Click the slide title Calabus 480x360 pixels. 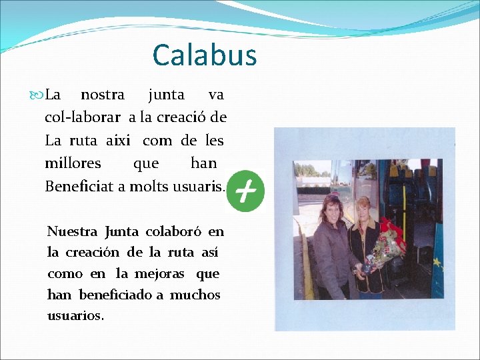click(204, 55)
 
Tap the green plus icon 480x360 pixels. click(245, 192)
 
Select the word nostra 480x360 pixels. click(102, 95)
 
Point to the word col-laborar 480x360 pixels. click(83, 118)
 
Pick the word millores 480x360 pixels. click(73, 163)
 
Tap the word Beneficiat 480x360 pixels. click(79, 187)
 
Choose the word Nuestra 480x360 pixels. click(73, 232)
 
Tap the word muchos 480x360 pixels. click(195, 295)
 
